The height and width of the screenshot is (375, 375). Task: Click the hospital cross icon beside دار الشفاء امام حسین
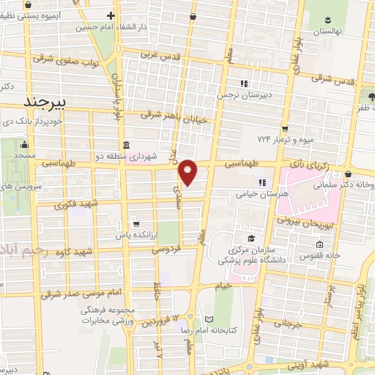tap(111, 15)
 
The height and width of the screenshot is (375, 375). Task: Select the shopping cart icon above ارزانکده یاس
tap(135, 223)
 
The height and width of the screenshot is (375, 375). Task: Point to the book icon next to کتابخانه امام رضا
tap(210, 319)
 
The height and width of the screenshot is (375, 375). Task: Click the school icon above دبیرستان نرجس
tap(244, 83)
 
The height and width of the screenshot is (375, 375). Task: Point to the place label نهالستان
tap(328, 31)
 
